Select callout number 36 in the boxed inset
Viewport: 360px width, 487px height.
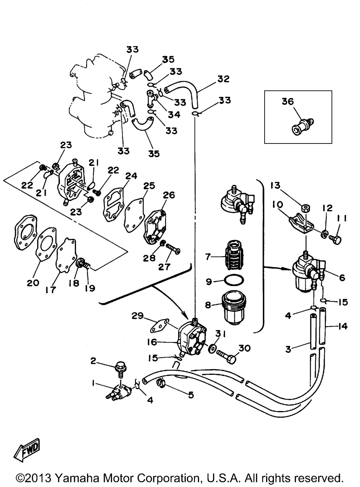pyautogui.click(x=288, y=102)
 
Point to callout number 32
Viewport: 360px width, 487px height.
pyautogui.click(x=223, y=79)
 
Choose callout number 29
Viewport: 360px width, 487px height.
pyautogui.click(x=138, y=316)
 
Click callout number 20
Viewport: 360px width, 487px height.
pyautogui.click(x=33, y=283)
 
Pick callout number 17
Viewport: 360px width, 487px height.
pyautogui.click(x=51, y=289)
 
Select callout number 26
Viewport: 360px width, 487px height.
pyautogui.click(x=168, y=195)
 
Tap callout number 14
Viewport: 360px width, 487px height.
pyautogui.click(x=343, y=326)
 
